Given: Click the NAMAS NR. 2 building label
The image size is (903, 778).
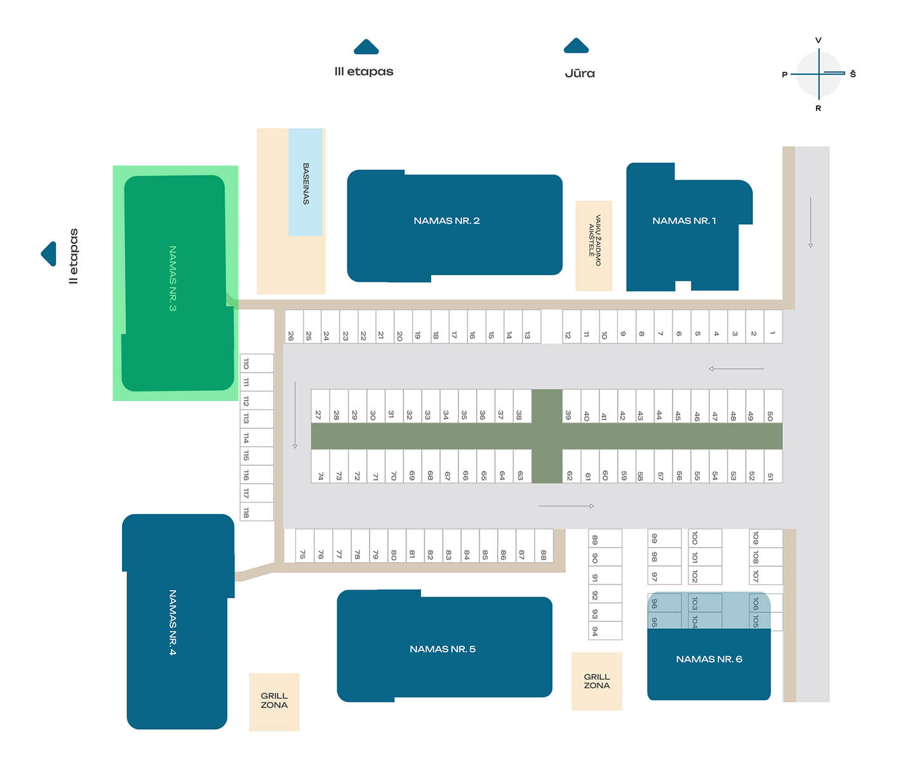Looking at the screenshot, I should (x=446, y=221).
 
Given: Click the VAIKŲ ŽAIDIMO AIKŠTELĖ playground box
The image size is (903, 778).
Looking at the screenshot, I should (x=594, y=246).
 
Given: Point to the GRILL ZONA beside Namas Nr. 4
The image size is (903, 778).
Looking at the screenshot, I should (x=274, y=701).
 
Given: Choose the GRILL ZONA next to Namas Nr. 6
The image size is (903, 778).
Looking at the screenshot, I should (x=597, y=681).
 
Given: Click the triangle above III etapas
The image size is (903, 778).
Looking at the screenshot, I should (x=366, y=47).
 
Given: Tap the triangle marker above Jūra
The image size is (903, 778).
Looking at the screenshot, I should (x=576, y=46).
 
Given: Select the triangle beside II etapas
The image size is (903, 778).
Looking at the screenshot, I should (x=49, y=254).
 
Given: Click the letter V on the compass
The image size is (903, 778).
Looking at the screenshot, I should (x=819, y=41).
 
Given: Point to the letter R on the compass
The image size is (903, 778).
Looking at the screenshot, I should (x=819, y=109).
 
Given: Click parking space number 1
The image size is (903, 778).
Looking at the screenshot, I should (x=773, y=327).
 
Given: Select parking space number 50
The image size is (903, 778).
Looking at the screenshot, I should (x=773, y=407).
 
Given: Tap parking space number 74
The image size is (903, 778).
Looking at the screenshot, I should (x=320, y=467).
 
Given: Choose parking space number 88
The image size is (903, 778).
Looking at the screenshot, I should (x=544, y=546).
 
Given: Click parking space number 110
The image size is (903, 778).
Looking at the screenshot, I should (x=256, y=364).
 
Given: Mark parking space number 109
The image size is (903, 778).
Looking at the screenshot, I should (x=765, y=538).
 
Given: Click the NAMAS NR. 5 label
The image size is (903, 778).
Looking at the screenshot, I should (x=443, y=649).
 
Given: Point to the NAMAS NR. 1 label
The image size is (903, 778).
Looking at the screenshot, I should (x=684, y=221).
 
